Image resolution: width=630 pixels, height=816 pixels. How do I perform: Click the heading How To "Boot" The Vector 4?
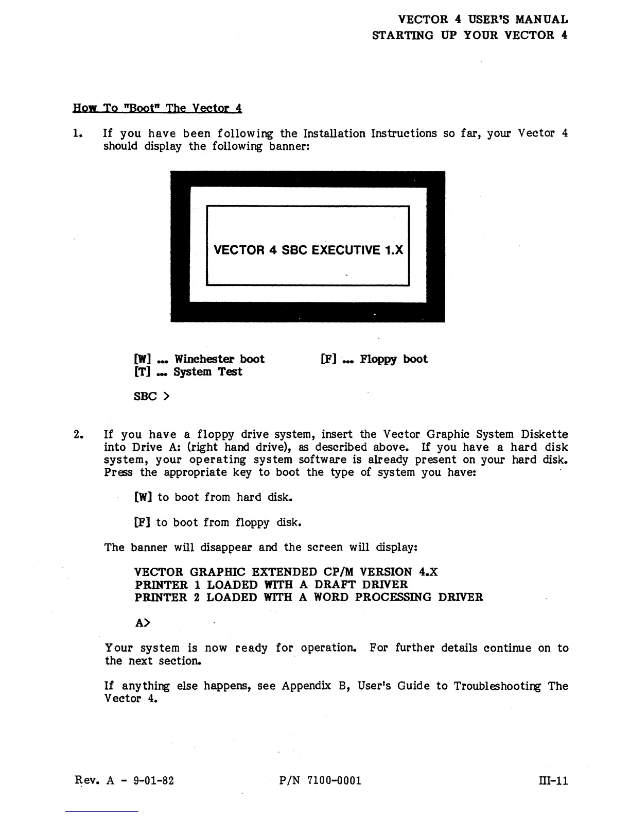point(157,108)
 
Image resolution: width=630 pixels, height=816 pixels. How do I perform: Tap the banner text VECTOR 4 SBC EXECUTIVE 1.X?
point(308,250)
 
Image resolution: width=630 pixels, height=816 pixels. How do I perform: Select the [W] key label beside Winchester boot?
point(142,359)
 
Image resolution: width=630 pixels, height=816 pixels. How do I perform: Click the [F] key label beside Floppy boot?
point(328,359)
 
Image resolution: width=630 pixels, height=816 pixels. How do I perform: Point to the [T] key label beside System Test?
point(142,372)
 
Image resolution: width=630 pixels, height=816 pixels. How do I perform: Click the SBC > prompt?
point(151,396)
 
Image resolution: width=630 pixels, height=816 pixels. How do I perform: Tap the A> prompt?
point(143,623)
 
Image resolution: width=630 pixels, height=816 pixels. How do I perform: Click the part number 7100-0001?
point(334,780)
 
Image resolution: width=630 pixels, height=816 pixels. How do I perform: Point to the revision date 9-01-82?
point(153,780)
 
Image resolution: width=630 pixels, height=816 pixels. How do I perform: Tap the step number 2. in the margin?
point(78,435)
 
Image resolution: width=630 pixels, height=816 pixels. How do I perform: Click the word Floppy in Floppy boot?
point(378,360)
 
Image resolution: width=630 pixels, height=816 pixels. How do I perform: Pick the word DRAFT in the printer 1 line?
point(335,585)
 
